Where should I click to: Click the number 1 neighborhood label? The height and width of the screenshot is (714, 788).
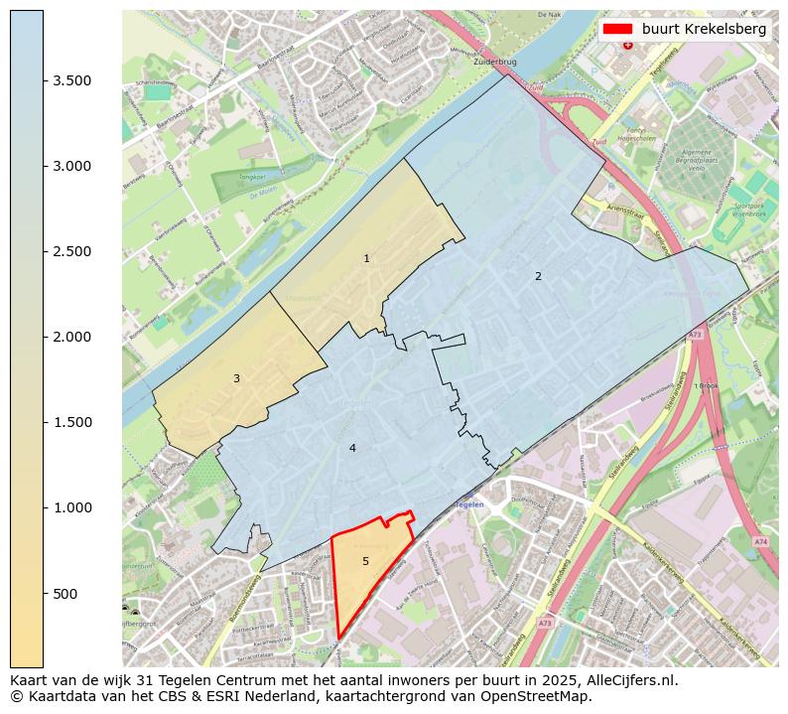click(x=366, y=259)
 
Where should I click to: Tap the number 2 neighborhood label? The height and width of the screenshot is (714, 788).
click(x=538, y=277)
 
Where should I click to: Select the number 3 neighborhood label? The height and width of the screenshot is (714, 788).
click(x=236, y=378)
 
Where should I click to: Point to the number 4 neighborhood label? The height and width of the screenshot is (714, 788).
click(x=352, y=449)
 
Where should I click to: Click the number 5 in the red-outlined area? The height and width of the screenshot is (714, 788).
click(x=365, y=562)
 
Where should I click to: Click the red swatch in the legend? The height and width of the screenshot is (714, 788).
click(x=618, y=30)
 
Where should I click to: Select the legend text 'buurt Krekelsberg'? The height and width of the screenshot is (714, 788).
click(x=704, y=30)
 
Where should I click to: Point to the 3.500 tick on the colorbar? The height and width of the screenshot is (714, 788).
click(x=71, y=80)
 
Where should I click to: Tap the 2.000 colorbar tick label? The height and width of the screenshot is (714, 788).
click(x=71, y=337)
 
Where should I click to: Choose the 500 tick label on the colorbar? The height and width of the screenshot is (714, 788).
click(x=66, y=594)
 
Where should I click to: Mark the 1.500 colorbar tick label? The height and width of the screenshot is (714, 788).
click(x=71, y=422)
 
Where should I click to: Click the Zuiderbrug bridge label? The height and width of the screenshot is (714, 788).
click(x=496, y=62)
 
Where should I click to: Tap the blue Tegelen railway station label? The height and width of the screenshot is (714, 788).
click(x=466, y=504)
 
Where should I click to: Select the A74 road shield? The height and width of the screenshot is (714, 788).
click(x=760, y=541)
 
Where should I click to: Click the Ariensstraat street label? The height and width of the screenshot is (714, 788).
click(x=614, y=211)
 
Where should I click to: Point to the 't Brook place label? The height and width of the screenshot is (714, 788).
click(x=706, y=386)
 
